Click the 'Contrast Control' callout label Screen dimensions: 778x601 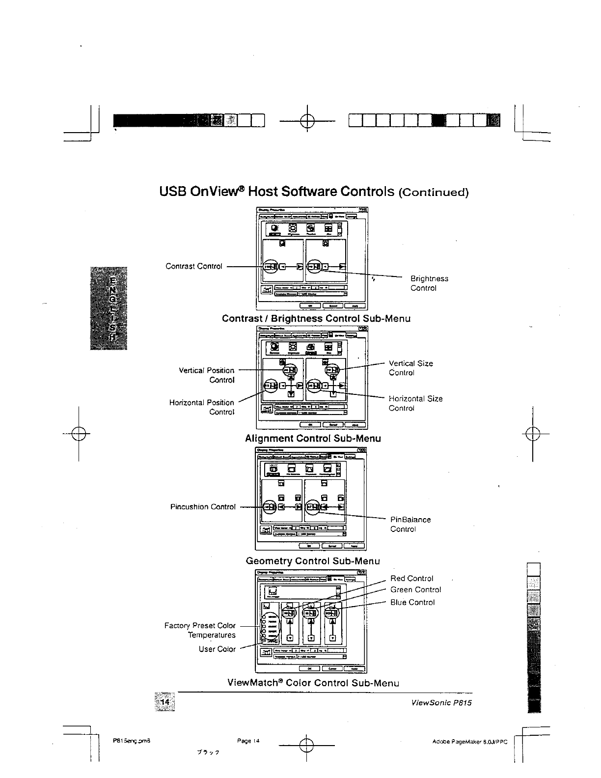194,266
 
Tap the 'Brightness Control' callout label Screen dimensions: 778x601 429,283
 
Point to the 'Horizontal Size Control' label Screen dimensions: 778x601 415,403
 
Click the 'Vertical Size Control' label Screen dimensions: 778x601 410,368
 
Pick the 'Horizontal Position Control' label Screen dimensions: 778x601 202,407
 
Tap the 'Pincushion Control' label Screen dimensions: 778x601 203,507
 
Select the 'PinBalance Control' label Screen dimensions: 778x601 410,524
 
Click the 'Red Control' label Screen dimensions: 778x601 411,579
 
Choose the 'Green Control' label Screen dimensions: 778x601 415,590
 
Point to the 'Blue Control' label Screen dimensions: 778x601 412,603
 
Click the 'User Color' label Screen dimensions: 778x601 217,649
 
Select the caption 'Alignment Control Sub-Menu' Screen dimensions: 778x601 313,438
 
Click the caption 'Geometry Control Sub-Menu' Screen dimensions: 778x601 312,561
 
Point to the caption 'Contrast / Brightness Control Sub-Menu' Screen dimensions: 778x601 316,318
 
